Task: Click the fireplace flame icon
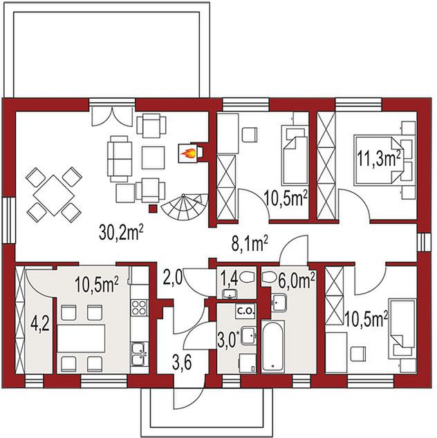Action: click(188, 153)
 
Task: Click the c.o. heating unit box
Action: click(245, 310)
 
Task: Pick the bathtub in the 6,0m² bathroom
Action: click(273, 346)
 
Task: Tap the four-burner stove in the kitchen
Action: click(139, 307)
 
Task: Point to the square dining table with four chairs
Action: click(54, 195)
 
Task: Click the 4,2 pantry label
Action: click(41, 325)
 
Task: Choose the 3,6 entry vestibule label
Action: click(181, 363)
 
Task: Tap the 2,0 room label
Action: click(172, 278)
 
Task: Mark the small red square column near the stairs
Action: click(153, 209)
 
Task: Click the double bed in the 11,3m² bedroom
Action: click(378, 160)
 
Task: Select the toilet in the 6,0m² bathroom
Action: click(269, 278)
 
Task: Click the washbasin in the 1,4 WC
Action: click(230, 294)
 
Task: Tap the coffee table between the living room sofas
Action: click(153, 158)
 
